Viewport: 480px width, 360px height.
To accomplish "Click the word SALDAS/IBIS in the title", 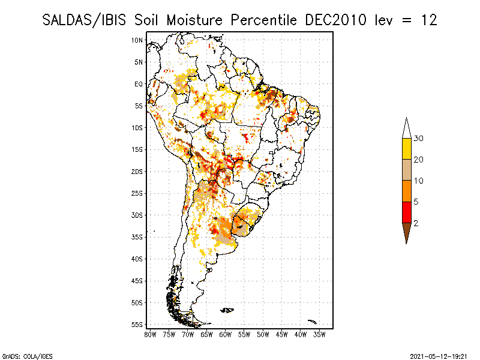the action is pyautogui.click(x=84, y=20).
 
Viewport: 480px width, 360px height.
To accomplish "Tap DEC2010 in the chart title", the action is pyautogui.click(x=336, y=20).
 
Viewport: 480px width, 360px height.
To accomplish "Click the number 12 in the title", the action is pyautogui.click(x=429, y=20).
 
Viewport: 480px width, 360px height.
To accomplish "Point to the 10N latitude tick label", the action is pyautogui.click(x=137, y=40).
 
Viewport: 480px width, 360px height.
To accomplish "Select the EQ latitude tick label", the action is pyautogui.click(x=139, y=84).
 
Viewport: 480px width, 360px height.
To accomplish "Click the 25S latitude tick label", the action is pyautogui.click(x=137, y=193).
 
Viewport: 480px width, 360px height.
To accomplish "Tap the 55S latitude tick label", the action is pyautogui.click(x=137, y=325).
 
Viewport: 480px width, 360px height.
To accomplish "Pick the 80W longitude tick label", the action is pyautogui.click(x=150, y=335).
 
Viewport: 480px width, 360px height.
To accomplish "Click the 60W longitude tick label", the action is pyautogui.click(x=226, y=335).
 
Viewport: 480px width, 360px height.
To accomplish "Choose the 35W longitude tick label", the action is pyautogui.click(x=319, y=335).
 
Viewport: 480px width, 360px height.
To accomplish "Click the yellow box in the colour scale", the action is pyautogui.click(x=407, y=149).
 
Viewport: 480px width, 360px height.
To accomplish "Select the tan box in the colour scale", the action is pyautogui.click(x=407, y=170).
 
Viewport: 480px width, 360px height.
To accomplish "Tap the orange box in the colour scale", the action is pyautogui.click(x=407, y=191).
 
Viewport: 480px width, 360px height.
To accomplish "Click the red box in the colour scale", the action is pyautogui.click(x=407, y=212).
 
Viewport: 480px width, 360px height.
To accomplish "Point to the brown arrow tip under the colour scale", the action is pyautogui.click(x=407, y=244).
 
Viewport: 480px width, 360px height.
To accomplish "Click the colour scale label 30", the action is pyautogui.click(x=418, y=139).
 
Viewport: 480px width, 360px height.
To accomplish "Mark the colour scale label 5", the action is pyautogui.click(x=416, y=202).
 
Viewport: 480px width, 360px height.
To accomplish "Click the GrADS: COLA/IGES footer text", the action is pyautogui.click(x=27, y=356).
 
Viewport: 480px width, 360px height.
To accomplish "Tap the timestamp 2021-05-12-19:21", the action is pyautogui.click(x=439, y=356).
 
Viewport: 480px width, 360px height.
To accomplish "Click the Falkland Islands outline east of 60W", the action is pyautogui.click(x=227, y=310).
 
